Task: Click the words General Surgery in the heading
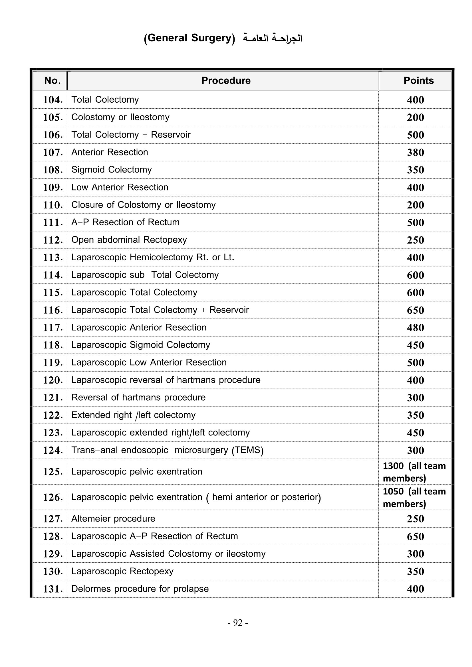point(189,38)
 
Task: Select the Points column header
point(418,80)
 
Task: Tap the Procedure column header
point(226,80)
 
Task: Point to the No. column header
point(52,80)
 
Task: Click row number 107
point(53,153)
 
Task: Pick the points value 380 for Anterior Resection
point(415,153)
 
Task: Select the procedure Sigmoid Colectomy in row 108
point(111,170)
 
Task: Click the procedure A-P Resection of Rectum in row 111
point(125,222)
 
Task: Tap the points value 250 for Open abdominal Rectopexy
point(415,240)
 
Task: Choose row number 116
point(53,310)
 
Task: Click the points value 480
point(415,328)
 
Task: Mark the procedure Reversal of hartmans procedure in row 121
point(138,398)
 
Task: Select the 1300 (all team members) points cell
point(414,472)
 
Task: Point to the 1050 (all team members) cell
point(414,497)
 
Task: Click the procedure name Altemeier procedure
point(113,519)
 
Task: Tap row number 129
point(53,554)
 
